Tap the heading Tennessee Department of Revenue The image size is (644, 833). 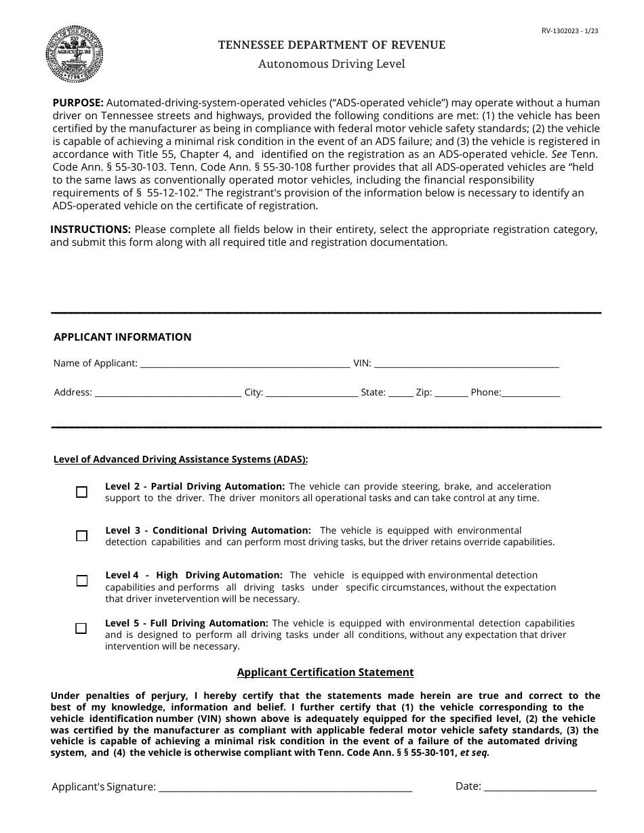coord(331,45)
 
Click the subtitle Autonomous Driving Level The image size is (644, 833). coord(331,64)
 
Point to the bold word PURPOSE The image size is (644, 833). coord(78,103)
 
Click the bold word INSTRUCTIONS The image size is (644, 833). coord(90,230)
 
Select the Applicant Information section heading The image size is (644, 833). coord(122,337)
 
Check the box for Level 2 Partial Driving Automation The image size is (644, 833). coord(82,492)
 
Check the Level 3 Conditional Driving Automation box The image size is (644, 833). coord(82,536)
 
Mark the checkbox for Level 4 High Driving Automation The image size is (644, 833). coord(82,581)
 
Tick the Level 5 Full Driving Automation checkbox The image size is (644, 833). coord(81,628)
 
